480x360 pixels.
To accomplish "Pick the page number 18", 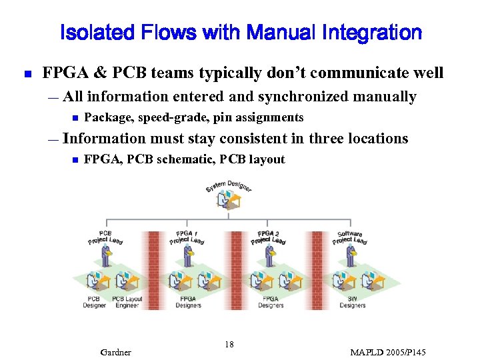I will tap(229, 345).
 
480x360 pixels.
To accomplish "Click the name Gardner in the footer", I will tap(115, 352).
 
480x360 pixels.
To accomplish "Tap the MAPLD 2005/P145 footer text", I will tap(388, 352).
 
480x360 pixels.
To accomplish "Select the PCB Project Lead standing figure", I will tap(106, 255).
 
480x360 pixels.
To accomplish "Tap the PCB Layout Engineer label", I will tap(127, 302).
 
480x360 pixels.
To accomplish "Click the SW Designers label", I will tap(352, 302).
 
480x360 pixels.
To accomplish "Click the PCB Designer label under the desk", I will tap(95, 302).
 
